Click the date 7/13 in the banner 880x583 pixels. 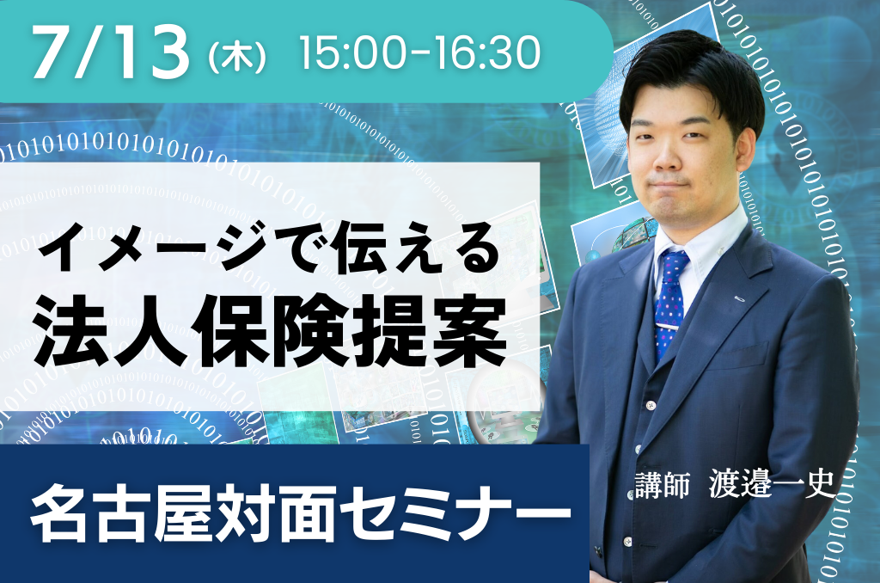pos(111,52)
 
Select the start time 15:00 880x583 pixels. pos(351,52)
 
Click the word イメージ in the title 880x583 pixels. pos(151,247)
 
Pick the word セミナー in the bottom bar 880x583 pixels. pos(455,513)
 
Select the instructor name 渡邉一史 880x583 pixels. pos(773,483)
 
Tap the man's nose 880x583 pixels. pos(666,157)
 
